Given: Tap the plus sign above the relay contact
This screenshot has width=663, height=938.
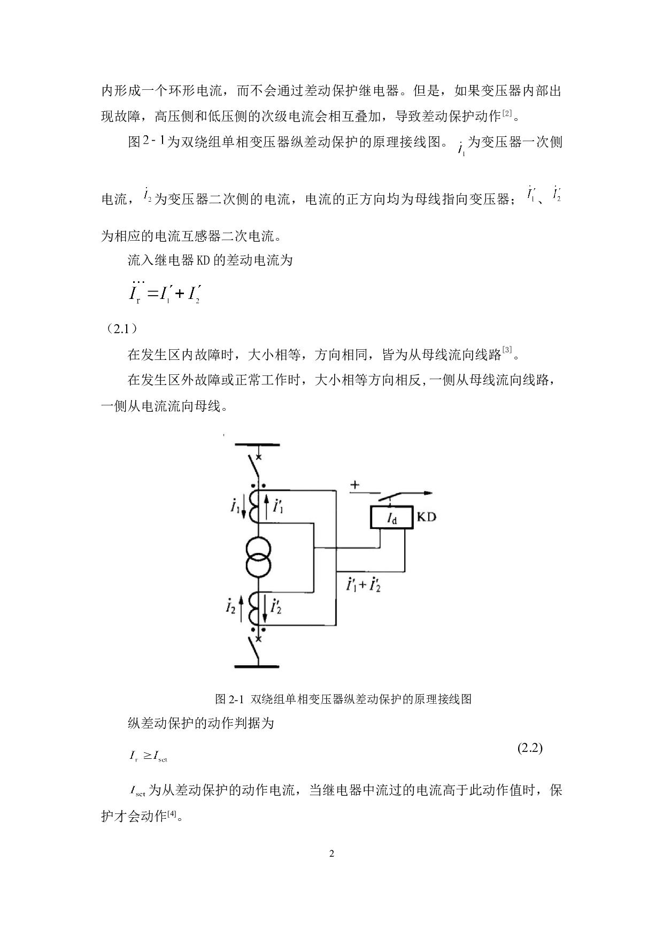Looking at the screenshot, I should (x=355, y=485).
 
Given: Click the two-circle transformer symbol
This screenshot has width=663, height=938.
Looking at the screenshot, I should (x=259, y=558).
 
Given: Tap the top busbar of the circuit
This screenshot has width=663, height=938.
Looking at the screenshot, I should (x=257, y=444).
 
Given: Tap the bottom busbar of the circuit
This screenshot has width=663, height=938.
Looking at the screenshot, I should (x=257, y=666).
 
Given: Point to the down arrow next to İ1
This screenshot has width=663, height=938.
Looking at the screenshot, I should (x=244, y=508).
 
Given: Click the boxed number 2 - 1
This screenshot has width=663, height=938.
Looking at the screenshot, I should (x=153, y=140).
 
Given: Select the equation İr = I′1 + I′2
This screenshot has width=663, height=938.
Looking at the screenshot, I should (x=164, y=293).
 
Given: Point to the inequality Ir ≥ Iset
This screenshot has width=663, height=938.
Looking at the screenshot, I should (x=148, y=756).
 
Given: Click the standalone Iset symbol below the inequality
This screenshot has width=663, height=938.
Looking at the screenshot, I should (x=137, y=790).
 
